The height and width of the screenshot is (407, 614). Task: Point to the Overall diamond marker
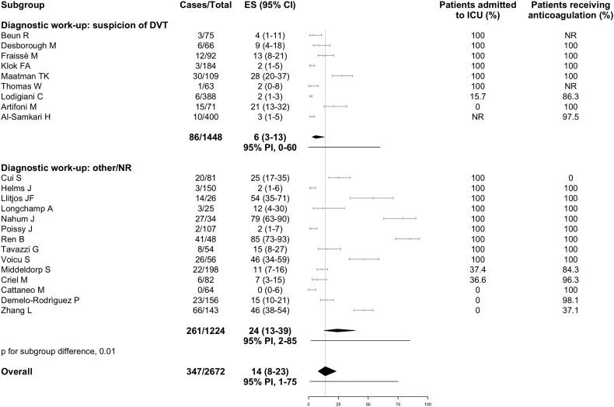click(326, 370)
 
